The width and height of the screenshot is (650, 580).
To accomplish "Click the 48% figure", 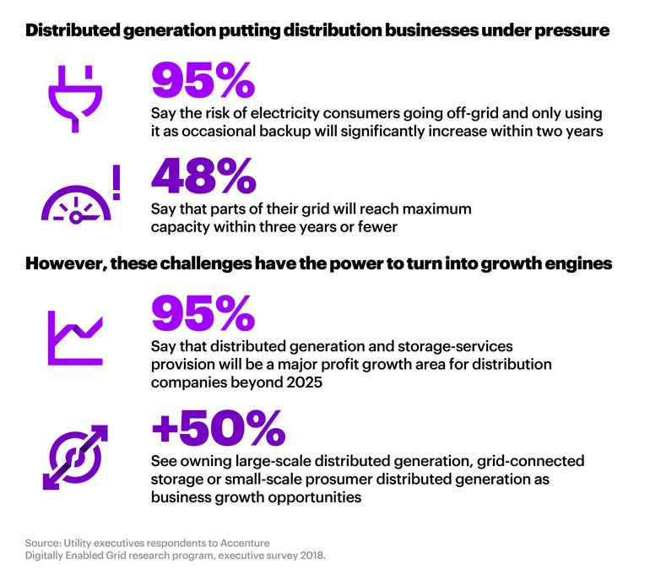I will pos(203,176).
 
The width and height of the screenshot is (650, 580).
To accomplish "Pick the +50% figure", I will pos(218,430).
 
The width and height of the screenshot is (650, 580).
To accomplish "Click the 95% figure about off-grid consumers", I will pos(203,79).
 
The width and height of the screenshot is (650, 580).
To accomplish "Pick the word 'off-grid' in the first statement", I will pos(447,112).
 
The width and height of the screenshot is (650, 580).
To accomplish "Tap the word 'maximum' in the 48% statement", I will pos(427,208).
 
